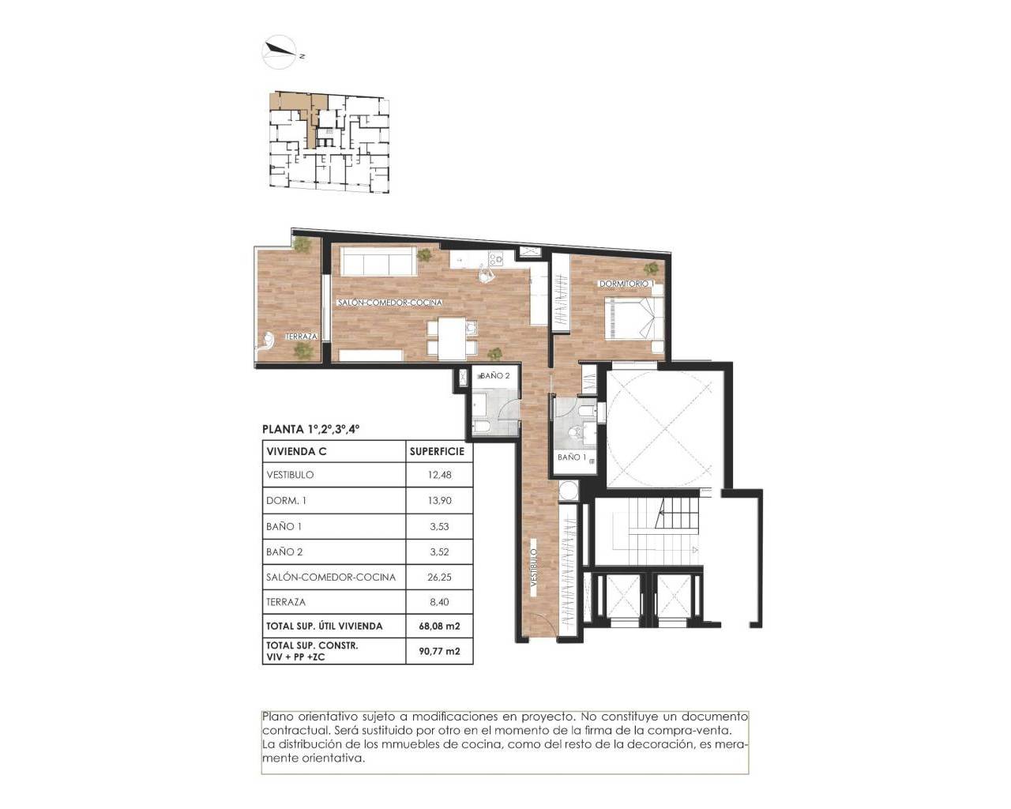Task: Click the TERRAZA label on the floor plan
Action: click(x=301, y=337)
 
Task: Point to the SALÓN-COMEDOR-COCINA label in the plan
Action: click(x=389, y=303)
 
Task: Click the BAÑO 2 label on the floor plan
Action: click(x=495, y=376)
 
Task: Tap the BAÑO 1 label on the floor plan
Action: click(x=572, y=457)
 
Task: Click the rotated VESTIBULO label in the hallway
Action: click(x=534, y=571)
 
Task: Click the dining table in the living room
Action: click(x=453, y=337)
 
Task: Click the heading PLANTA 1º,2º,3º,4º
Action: click(x=311, y=430)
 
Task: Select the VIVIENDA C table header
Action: click(x=297, y=452)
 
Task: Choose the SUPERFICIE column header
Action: click(x=438, y=452)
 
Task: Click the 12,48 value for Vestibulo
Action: click(x=438, y=475)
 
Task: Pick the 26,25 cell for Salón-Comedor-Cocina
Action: click(x=438, y=577)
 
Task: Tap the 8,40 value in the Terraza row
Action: click(x=438, y=602)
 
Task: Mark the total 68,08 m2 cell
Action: click(x=438, y=626)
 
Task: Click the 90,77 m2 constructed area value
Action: click(x=438, y=652)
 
